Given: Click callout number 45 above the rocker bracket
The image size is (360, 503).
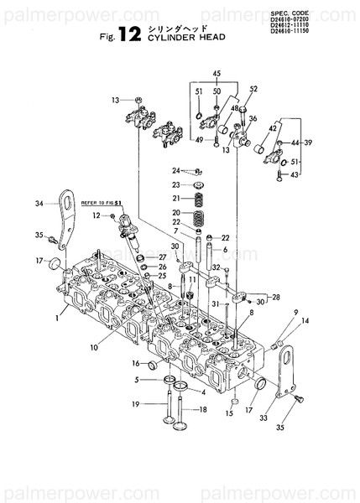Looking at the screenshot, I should [217, 74].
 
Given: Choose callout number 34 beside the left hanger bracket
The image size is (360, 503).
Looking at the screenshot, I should [39, 204].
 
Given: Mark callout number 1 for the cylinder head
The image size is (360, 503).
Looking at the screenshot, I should [56, 318].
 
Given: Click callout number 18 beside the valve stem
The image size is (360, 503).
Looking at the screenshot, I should [202, 409].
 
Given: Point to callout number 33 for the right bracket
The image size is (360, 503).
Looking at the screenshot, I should [263, 417].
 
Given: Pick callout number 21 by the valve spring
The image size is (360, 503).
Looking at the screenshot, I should [177, 198].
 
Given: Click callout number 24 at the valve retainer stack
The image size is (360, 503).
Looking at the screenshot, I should [177, 170].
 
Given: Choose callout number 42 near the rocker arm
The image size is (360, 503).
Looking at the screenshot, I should [273, 129].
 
